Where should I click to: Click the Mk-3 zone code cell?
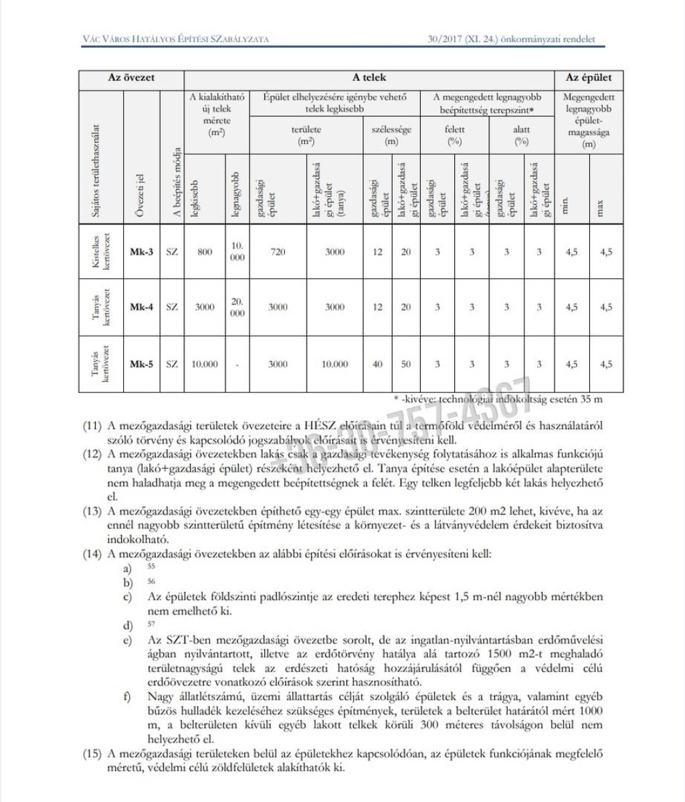141,252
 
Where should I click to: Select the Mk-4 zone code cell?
141,307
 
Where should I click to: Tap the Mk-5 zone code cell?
141,364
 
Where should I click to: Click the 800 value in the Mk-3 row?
205,252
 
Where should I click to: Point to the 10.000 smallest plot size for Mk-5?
205,364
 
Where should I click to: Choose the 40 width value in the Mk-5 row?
377,364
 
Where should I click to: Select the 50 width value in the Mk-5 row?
406,364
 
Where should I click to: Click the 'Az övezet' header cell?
131,78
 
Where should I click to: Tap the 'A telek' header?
369,78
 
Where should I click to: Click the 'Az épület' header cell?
589,78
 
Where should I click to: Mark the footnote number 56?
151,581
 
